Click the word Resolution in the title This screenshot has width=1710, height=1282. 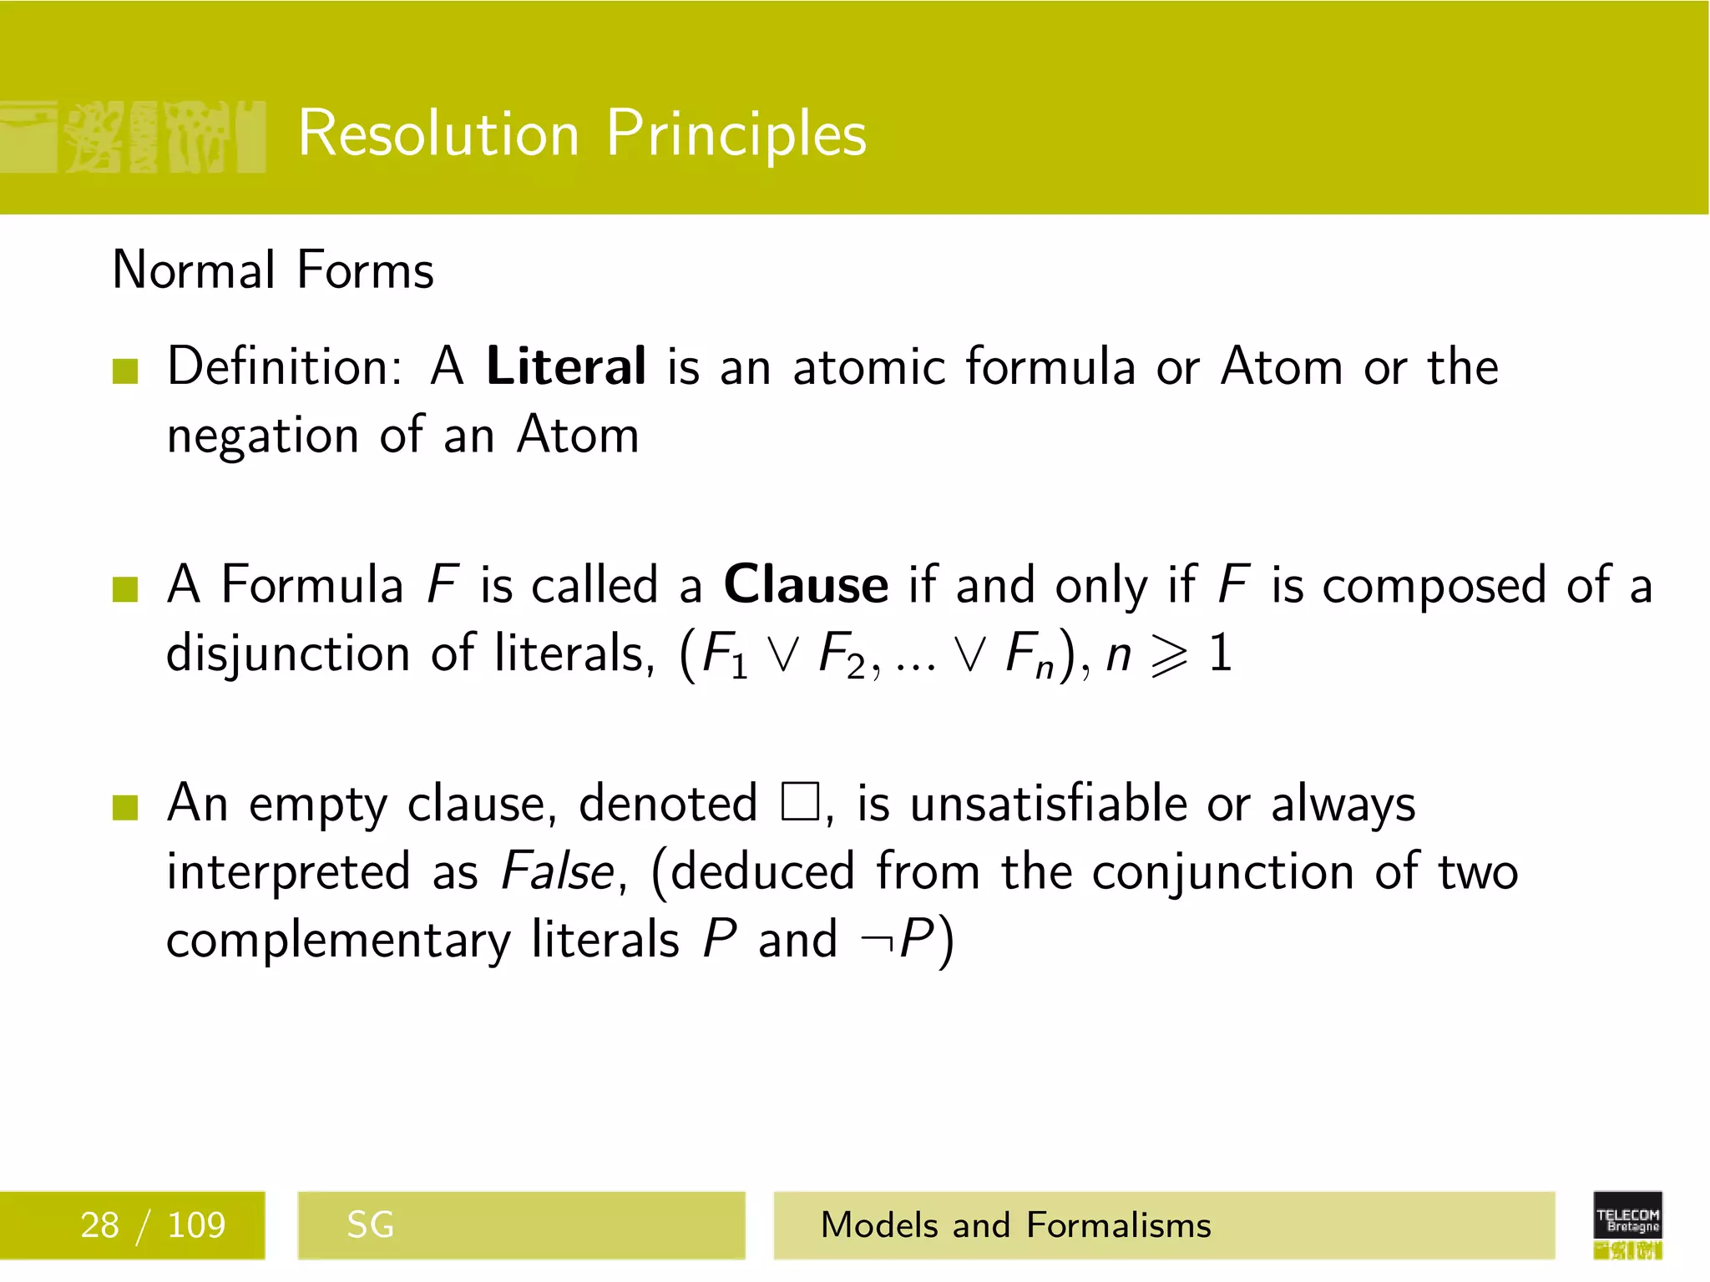[438, 134]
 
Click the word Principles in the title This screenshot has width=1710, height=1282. [736, 134]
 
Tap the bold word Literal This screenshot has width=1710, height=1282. [566, 366]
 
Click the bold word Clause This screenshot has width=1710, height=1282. [806, 584]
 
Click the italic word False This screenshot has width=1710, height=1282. [558, 871]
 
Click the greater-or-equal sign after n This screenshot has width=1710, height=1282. [1169, 656]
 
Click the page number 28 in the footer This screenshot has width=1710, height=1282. [99, 1225]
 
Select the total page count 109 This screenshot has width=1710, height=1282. [196, 1225]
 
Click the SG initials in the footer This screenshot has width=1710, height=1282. [370, 1225]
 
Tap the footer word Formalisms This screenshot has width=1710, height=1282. [1119, 1225]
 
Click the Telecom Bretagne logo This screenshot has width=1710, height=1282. [1627, 1224]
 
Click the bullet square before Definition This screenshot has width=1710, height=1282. [125, 371]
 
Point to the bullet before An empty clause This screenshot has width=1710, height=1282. [125, 807]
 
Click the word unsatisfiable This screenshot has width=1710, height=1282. [1048, 804]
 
